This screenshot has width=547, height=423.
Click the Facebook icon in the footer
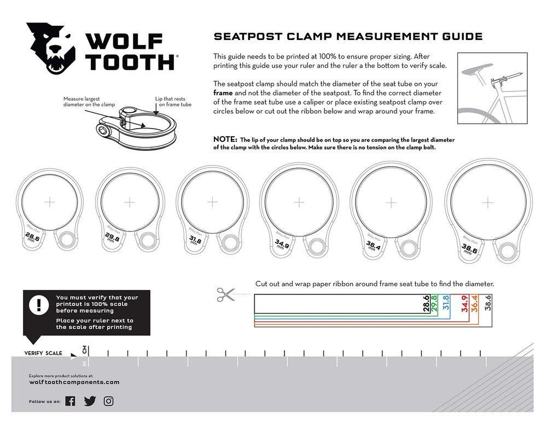(x=70, y=401)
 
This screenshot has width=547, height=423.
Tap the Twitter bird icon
(x=89, y=401)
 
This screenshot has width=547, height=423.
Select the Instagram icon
(x=109, y=401)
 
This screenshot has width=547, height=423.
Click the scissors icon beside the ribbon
(x=224, y=294)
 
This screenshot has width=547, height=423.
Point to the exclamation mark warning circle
(x=39, y=305)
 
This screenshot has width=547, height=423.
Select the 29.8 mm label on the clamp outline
(x=113, y=239)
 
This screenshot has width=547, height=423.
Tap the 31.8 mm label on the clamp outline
(x=195, y=241)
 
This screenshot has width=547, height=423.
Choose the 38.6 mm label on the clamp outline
(x=469, y=250)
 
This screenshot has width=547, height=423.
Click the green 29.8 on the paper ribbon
(x=434, y=304)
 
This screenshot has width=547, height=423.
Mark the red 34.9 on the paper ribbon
(x=464, y=304)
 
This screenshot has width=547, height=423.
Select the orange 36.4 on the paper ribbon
(x=474, y=304)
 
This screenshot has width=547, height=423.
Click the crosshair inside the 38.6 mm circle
(x=488, y=202)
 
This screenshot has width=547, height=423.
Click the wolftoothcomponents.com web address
(x=74, y=383)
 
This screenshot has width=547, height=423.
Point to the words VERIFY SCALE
(x=43, y=353)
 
